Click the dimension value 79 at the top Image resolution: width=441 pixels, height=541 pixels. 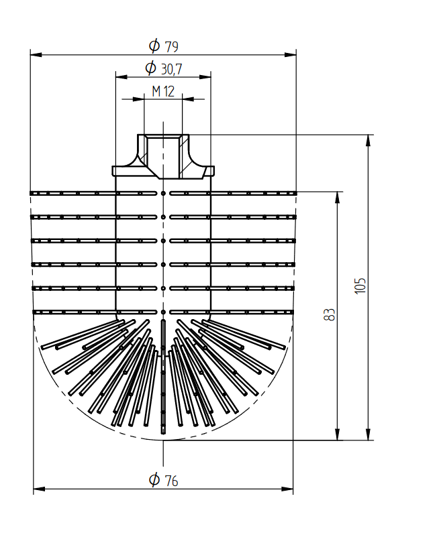click(171, 47)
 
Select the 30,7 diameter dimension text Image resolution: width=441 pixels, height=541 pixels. click(171, 69)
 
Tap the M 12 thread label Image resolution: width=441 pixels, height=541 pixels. click(163, 91)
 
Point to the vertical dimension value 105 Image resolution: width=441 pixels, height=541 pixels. click(360, 286)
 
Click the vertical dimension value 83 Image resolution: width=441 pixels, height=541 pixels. click(330, 314)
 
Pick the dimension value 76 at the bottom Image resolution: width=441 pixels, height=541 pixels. click(171, 481)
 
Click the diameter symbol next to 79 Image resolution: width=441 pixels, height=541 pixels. click(154, 46)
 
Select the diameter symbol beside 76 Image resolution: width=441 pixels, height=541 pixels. click(154, 479)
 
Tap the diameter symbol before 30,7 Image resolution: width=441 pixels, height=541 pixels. click(150, 68)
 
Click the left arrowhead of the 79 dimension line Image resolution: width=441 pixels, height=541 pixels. click(36, 55)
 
